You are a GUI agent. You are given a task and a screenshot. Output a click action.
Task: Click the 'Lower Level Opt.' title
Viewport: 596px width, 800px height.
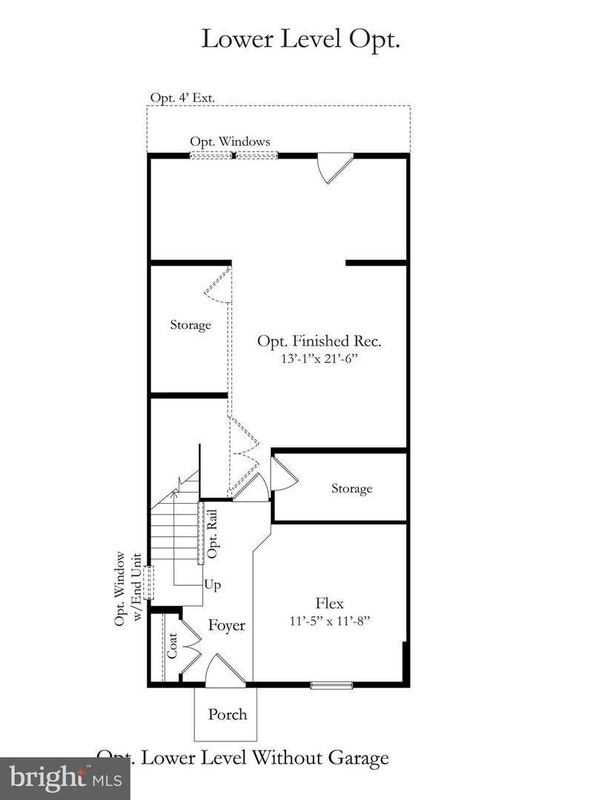[x=300, y=39]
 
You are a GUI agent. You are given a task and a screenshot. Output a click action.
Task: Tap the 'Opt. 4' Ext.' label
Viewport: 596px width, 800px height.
[x=182, y=98]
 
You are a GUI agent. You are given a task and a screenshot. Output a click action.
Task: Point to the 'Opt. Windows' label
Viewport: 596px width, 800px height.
[x=230, y=141]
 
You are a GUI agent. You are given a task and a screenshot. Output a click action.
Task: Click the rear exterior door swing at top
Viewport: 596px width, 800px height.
[x=332, y=168]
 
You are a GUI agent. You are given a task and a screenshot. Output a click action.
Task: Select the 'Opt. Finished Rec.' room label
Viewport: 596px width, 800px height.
[x=319, y=341]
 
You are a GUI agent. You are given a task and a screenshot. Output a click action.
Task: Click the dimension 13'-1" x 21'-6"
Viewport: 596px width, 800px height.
[x=319, y=359]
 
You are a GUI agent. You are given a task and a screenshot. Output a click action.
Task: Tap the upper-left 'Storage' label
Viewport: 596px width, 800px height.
[x=191, y=324]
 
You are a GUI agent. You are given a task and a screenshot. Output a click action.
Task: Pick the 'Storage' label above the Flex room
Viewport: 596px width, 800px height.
[x=351, y=488]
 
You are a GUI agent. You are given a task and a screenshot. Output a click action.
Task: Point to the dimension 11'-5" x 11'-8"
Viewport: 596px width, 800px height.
[x=330, y=620]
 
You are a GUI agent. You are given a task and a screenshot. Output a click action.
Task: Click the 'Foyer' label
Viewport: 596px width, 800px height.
[x=226, y=625]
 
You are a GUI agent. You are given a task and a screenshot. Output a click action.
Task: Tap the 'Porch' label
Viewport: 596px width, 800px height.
[x=227, y=714]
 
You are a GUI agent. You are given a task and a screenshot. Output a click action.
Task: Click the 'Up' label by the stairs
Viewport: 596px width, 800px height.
[x=213, y=584]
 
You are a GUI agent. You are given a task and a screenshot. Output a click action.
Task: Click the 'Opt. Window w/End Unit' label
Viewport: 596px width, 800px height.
[x=128, y=590]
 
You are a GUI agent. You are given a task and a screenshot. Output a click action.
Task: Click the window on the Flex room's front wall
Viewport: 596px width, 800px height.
[x=331, y=685]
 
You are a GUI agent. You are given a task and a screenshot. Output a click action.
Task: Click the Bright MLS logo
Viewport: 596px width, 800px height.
[x=64, y=778]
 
